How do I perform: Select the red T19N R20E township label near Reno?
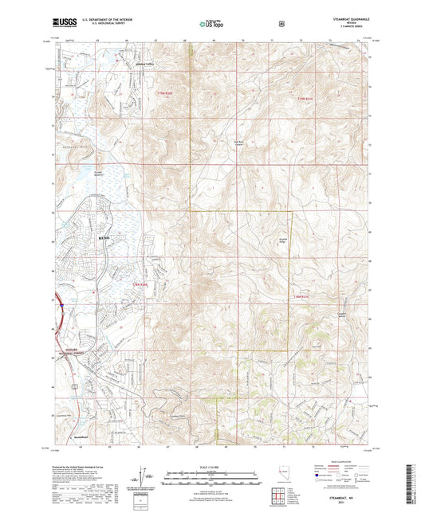coord(141,284)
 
